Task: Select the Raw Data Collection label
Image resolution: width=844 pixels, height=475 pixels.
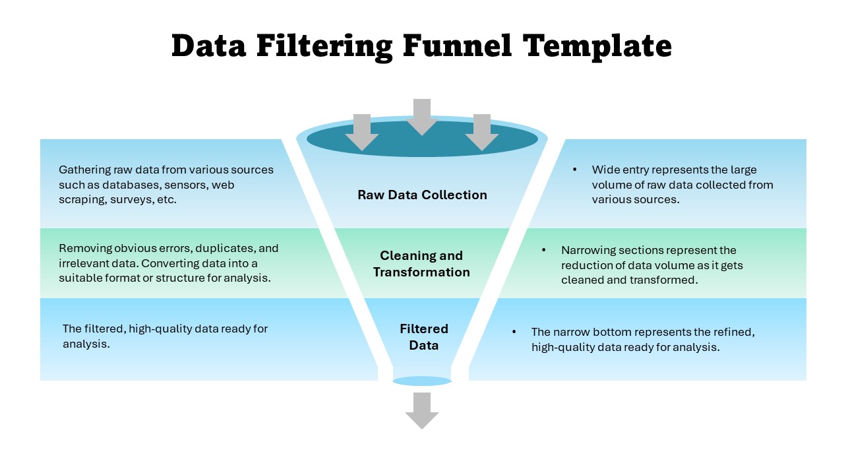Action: (422, 195)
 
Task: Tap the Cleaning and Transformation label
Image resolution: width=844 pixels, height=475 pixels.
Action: (421, 264)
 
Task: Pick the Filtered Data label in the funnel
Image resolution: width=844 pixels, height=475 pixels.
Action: (423, 337)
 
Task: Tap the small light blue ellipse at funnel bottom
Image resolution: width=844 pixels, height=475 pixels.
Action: (422, 381)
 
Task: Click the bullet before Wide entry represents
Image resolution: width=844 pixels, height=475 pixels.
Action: (575, 170)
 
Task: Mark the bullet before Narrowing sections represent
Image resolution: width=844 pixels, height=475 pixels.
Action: (544, 250)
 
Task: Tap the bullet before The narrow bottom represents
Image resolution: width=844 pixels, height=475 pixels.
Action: (514, 332)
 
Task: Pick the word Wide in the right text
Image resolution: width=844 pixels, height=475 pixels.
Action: (605, 170)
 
